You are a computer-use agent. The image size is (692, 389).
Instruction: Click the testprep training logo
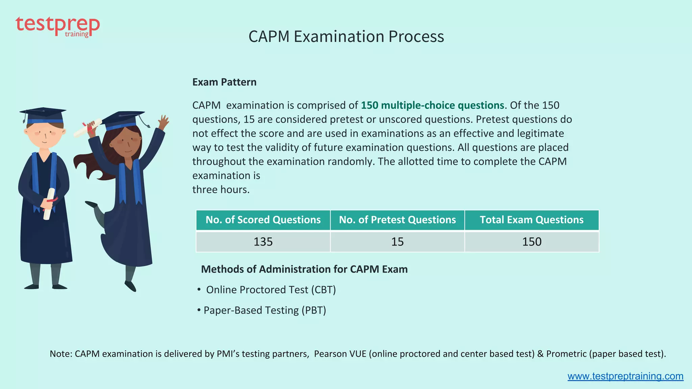coord(57,26)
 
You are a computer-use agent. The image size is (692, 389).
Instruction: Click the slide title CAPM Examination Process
coord(346,36)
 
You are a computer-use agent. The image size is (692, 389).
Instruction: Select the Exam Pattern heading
coord(224,82)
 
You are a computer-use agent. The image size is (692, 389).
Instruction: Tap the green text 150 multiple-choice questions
coord(432,105)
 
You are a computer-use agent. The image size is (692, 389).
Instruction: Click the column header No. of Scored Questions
coord(263,220)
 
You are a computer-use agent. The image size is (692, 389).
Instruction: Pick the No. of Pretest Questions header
coord(397,220)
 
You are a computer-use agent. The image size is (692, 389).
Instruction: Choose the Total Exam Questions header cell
coord(532,220)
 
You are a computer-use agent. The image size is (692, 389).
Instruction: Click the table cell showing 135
coord(263,242)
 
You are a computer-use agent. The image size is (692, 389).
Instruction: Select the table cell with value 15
coord(397,242)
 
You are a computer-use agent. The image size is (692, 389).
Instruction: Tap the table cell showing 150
coord(532,242)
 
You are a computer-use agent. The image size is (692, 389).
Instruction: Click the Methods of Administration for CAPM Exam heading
coord(304,269)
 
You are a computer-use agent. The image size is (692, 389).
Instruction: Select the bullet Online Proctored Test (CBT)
coord(271,290)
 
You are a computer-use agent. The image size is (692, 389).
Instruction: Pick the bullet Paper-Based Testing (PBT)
coord(265,310)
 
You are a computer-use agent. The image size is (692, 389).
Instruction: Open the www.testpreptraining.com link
coord(625,376)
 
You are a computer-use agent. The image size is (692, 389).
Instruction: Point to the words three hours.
coord(221,189)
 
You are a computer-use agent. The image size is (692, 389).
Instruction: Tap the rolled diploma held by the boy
coord(49,204)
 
